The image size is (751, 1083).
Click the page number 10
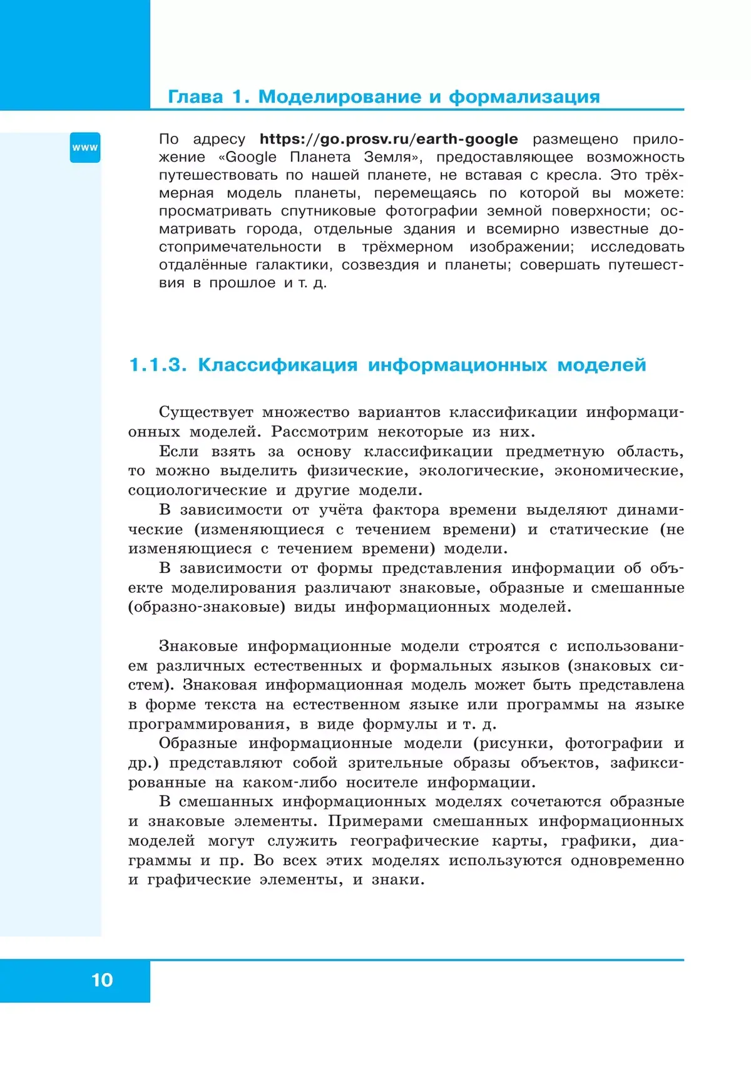[x=102, y=980]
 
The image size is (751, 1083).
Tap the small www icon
[x=85, y=148]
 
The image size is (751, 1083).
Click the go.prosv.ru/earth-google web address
[x=389, y=139]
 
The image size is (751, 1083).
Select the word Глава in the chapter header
[x=195, y=97]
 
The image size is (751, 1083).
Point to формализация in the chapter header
[x=524, y=97]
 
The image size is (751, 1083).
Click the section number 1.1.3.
[x=158, y=365]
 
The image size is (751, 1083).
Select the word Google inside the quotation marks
[x=251, y=157]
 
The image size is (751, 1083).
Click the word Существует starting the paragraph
[x=206, y=413]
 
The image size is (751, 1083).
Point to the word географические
[x=414, y=841]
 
